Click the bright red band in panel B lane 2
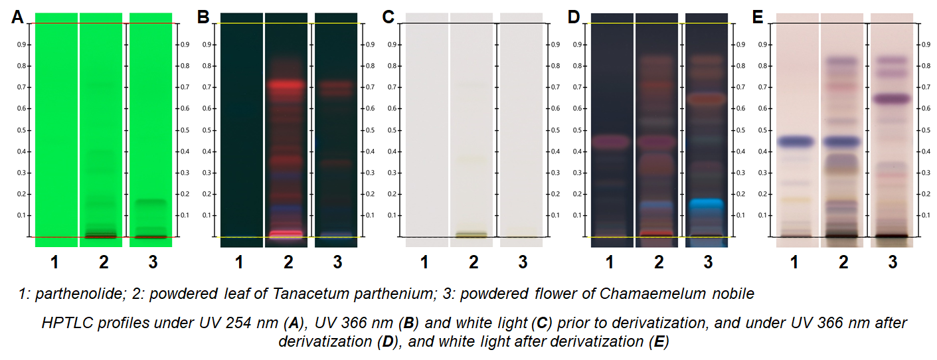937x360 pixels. click(286, 85)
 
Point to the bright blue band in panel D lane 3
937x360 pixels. click(706, 205)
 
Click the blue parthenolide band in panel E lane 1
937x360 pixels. click(795, 141)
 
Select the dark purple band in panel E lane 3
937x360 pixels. click(891, 99)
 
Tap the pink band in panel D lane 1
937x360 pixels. click(610, 141)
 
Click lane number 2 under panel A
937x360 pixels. click(104, 262)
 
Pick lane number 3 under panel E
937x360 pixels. click(892, 262)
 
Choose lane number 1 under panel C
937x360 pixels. click(424, 262)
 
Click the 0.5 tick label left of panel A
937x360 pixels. click(22, 130)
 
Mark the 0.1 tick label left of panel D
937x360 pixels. click(578, 215)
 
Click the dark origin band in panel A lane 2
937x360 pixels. click(100, 235)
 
